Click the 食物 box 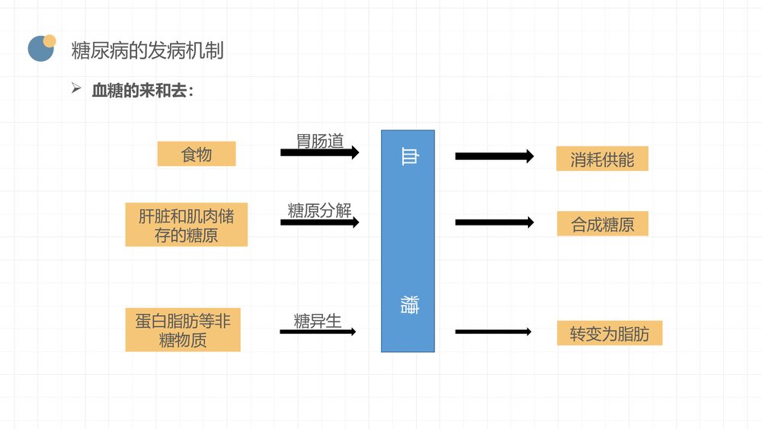pos(197,155)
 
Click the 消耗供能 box pos(602,158)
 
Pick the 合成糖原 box pos(602,224)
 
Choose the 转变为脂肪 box pos(609,333)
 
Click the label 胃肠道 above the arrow pos(320,140)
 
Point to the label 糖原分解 pos(319,210)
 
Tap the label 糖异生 pos(317,320)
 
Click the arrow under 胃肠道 pos(319,152)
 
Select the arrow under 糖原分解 pos(319,223)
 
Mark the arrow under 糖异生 pos(317,331)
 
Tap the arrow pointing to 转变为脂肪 pos(493,331)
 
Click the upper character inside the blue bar pos(408,156)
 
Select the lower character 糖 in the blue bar pos(408,306)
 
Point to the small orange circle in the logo pos(50,40)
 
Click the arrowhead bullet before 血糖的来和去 pos(76,89)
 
